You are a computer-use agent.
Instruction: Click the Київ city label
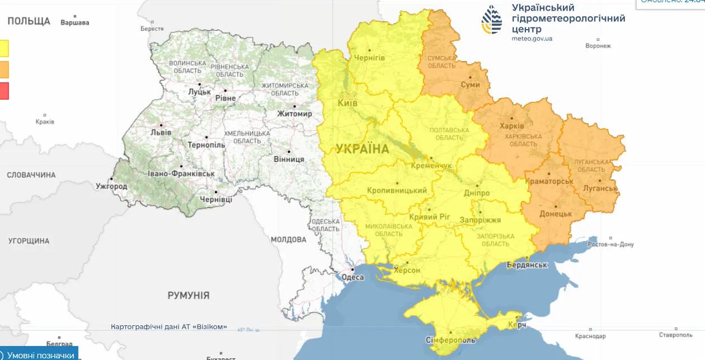coord(347,103)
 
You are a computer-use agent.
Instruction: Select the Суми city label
coord(471,85)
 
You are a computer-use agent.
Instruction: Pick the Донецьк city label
coord(555,214)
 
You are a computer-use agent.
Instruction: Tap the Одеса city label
coord(352,277)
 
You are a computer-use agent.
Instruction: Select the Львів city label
coord(161,133)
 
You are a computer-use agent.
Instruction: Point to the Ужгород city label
coord(111,186)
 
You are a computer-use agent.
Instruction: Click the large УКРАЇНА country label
coord(362,149)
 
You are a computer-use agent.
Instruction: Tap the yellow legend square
coord(3,48)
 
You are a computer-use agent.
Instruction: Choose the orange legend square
coord(3,69)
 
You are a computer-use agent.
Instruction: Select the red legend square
coord(3,91)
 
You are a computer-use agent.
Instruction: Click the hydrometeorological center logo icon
coord(492,20)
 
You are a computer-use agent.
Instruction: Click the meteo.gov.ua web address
coord(532,39)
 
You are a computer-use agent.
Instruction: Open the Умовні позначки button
coord(39,355)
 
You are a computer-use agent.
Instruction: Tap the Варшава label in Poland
coord(74,23)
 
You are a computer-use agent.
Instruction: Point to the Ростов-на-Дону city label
coord(611,244)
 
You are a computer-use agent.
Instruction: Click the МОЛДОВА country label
coord(288,240)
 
